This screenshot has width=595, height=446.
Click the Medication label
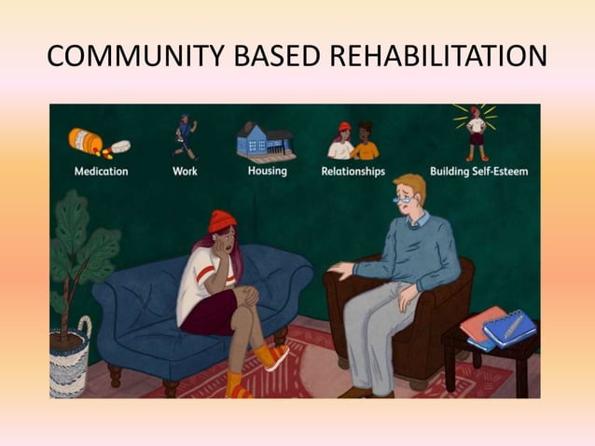(102, 172)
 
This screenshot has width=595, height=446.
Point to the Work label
(185, 172)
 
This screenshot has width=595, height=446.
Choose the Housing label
(268, 171)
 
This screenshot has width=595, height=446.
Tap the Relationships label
(353, 172)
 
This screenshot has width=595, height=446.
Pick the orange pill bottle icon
(86, 141)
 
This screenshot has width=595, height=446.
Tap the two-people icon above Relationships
(353, 141)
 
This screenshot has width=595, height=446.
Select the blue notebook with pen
(511, 327)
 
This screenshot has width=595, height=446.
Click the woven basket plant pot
(70, 359)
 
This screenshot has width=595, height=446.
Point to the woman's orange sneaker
(276, 356)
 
